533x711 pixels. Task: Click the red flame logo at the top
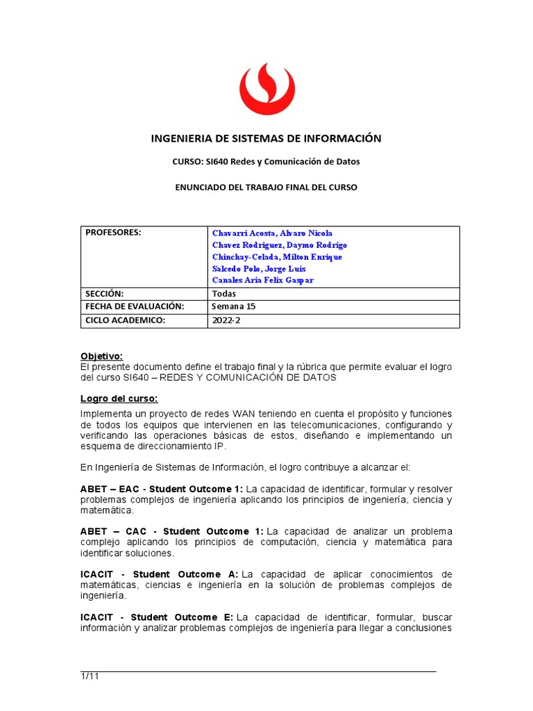(266, 88)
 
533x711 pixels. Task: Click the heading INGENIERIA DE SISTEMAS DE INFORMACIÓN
(266, 138)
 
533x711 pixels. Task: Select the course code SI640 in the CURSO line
(217, 162)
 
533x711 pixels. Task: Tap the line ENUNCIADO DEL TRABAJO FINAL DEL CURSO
(266, 187)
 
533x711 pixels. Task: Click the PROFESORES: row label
(113, 233)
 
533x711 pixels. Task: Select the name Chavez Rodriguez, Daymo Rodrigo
(279, 245)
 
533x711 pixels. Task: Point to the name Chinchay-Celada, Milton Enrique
(277, 257)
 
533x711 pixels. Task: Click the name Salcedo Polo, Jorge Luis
(259, 269)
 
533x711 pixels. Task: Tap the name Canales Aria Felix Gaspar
(263, 281)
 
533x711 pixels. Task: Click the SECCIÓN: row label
(104, 294)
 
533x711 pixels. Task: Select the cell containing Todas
(223, 294)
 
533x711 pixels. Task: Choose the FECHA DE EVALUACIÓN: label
(135, 306)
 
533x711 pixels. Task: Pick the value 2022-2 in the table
(225, 320)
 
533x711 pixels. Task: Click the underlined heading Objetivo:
(101, 356)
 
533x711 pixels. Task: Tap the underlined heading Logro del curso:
(119, 399)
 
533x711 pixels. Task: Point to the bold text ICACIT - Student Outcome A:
(159, 574)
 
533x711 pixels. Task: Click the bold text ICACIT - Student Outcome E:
(158, 617)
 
